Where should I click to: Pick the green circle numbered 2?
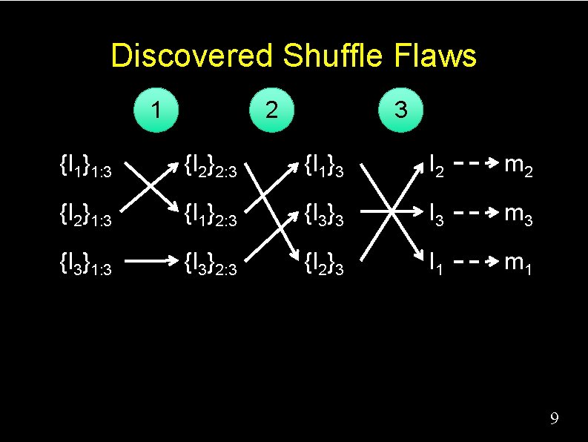(272, 110)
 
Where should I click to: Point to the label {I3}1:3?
(85, 263)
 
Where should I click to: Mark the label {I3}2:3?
(211, 263)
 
